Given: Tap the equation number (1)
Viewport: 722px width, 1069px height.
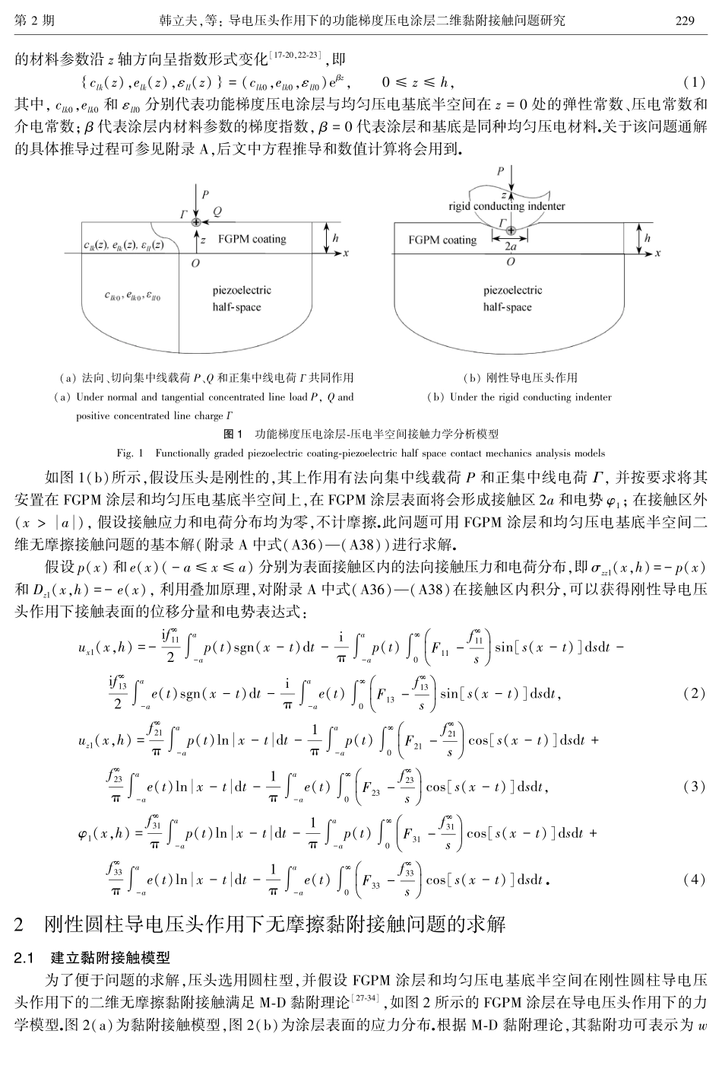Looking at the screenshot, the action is [x=695, y=81].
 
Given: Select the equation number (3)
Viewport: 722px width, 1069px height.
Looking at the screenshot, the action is [x=694, y=786].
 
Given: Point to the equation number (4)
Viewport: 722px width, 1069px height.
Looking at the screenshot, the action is [x=694, y=879].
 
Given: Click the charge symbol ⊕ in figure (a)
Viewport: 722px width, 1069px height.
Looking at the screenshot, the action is [x=197, y=221].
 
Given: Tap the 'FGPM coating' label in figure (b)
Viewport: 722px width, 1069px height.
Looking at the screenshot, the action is [x=442, y=240].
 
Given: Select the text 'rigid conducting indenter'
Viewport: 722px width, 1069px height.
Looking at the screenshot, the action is [x=507, y=205].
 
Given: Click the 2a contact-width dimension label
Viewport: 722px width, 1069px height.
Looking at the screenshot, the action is [x=511, y=247].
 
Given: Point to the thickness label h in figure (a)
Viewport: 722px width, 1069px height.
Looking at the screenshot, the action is [x=335, y=237].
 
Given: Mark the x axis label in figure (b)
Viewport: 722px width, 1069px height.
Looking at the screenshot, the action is [x=659, y=252].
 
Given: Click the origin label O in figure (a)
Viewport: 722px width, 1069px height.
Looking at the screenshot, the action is [x=195, y=262].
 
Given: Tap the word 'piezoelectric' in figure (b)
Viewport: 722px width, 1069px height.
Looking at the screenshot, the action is [x=512, y=290].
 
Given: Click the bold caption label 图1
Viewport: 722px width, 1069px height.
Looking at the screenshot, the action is [x=233, y=434].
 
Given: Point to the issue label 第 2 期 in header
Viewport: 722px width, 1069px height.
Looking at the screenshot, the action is [x=34, y=21].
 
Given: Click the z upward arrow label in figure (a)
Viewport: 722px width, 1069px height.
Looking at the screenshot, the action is [x=203, y=239].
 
